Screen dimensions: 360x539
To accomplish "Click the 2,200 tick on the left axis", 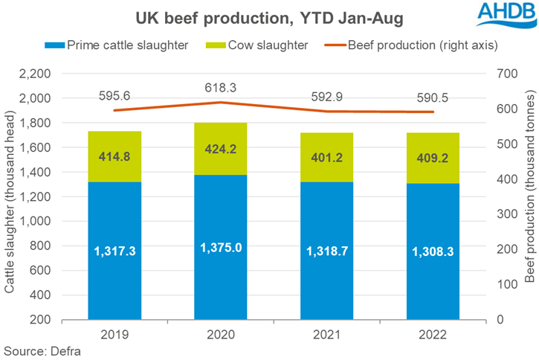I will [33, 74].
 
